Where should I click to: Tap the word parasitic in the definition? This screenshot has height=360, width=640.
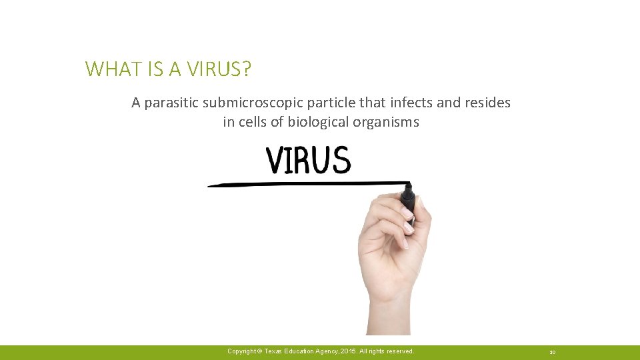pyautogui.click(x=170, y=103)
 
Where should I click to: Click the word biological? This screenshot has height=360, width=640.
pyautogui.click(x=317, y=123)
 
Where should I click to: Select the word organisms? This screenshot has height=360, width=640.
pyautogui.click(x=388, y=123)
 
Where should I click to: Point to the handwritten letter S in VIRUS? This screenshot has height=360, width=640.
pyautogui.click(x=340, y=161)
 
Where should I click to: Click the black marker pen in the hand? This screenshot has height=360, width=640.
pyautogui.click(x=409, y=200)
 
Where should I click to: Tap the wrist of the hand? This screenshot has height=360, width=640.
pyautogui.click(x=389, y=313)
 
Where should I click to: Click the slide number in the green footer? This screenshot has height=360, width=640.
pyautogui.click(x=553, y=351)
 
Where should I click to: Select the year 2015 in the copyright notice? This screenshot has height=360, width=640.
pyautogui.click(x=349, y=351)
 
